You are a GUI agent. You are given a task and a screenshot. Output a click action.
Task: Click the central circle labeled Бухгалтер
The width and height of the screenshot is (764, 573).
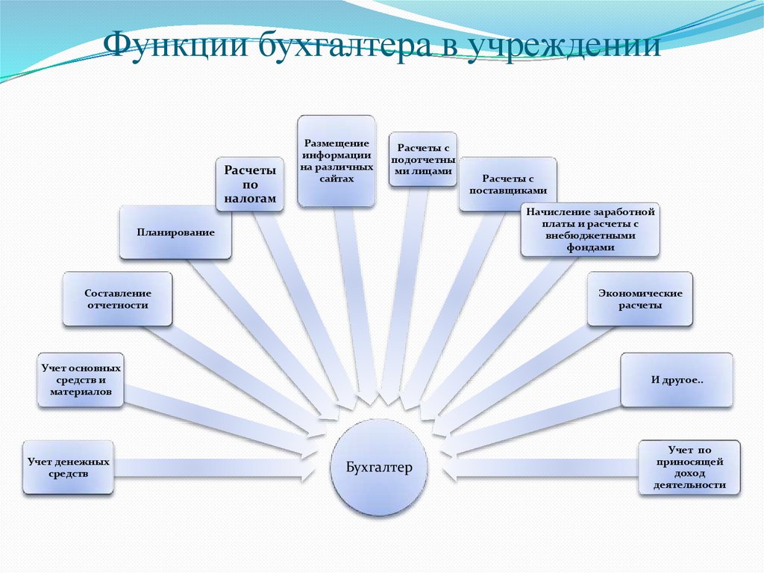tap(379, 467)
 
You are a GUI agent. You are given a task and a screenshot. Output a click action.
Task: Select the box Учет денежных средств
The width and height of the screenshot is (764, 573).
tap(68, 468)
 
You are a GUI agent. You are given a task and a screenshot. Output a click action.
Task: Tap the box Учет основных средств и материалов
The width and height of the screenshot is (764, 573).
tap(81, 380)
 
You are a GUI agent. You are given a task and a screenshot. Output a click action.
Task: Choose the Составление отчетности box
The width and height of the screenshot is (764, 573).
tap(117, 299)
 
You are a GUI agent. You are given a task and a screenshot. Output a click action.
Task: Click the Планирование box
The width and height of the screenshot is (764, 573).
tap(175, 232)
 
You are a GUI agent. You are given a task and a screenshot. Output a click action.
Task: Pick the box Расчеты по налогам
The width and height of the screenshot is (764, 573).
tap(250, 184)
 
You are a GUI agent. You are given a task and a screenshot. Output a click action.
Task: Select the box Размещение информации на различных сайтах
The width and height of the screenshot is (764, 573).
tap(336, 161)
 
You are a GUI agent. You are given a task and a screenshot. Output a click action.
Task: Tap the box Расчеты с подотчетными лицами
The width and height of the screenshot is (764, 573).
tap(423, 159)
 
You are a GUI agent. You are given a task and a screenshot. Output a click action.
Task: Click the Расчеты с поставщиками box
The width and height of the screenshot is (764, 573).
tap(507, 184)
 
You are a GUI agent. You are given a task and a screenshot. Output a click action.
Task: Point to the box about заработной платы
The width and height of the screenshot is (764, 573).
tap(590, 229)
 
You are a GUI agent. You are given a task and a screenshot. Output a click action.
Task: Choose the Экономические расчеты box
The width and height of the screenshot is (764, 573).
tap(640, 299)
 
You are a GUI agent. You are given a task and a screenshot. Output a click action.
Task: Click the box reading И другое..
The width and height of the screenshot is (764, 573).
tap(677, 380)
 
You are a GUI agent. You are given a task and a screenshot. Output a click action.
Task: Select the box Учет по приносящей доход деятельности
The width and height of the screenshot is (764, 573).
tap(689, 468)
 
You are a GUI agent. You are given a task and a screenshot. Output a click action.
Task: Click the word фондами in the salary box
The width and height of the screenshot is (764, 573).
tap(590, 247)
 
